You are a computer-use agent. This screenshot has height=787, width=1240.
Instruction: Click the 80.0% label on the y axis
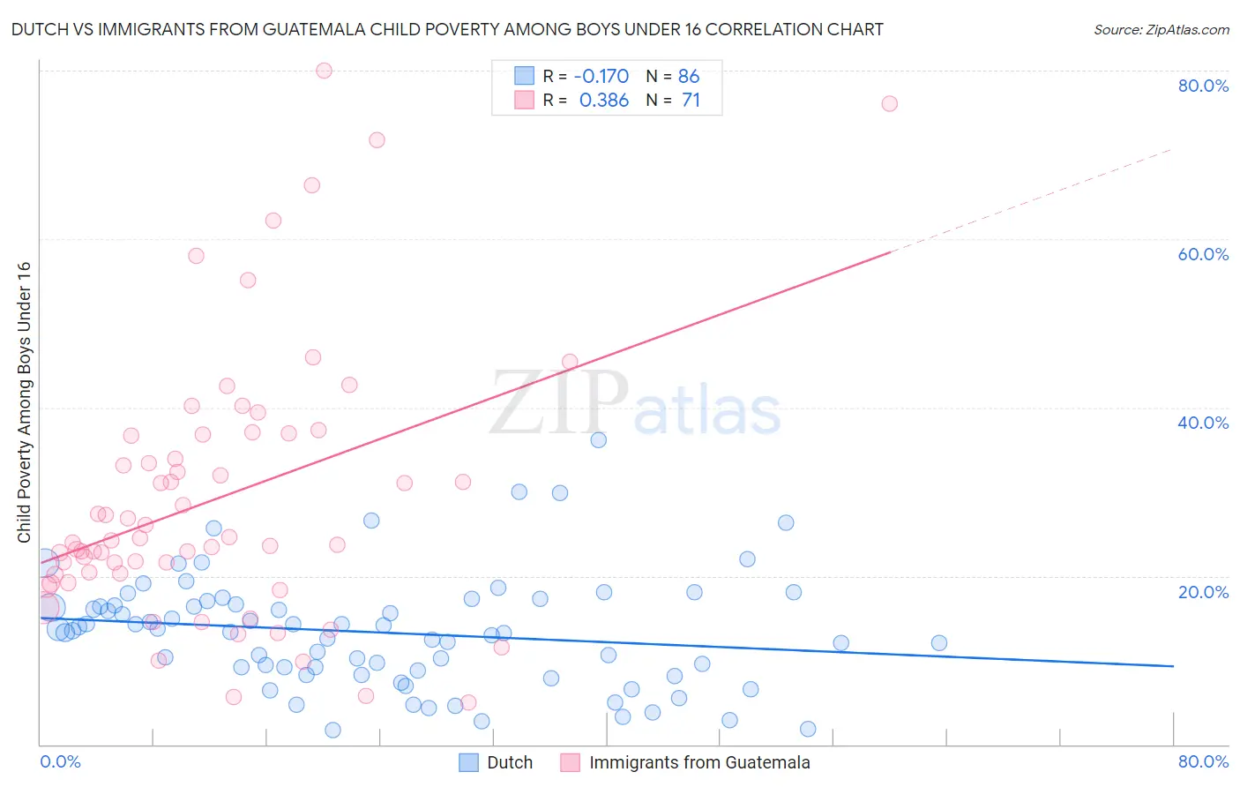tap(1203, 86)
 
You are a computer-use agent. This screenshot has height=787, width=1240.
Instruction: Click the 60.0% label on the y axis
tap(1203, 254)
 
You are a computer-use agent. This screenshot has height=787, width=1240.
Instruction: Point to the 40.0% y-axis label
tap(1203, 423)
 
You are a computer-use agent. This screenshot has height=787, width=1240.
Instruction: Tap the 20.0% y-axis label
tap(1203, 591)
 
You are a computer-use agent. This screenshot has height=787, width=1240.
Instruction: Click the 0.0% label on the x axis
tap(60, 761)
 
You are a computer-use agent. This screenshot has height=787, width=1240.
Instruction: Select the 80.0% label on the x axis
tap(1203, 761)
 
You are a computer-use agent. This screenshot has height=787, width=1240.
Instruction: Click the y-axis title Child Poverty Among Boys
tap(24, 402)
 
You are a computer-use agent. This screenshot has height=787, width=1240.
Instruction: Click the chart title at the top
tap(447, 29)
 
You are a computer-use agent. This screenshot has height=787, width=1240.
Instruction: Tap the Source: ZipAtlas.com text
tap(1161, 29)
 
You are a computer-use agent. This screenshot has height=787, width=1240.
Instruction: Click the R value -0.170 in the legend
tap(601, 76)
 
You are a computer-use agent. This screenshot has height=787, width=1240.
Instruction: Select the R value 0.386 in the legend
tap(604, 100)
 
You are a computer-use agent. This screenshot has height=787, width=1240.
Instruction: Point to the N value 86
tap(689, 76)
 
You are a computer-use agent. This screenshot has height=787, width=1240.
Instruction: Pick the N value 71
tap(691, 100)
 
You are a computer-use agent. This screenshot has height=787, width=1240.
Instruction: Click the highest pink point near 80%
tap(324, 71)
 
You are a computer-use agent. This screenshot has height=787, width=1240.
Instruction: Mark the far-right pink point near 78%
tap(889, 104)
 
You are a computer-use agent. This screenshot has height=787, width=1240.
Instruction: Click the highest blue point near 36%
tap(599, 439)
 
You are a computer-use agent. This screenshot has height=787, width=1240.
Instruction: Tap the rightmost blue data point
tap(938, 643)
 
